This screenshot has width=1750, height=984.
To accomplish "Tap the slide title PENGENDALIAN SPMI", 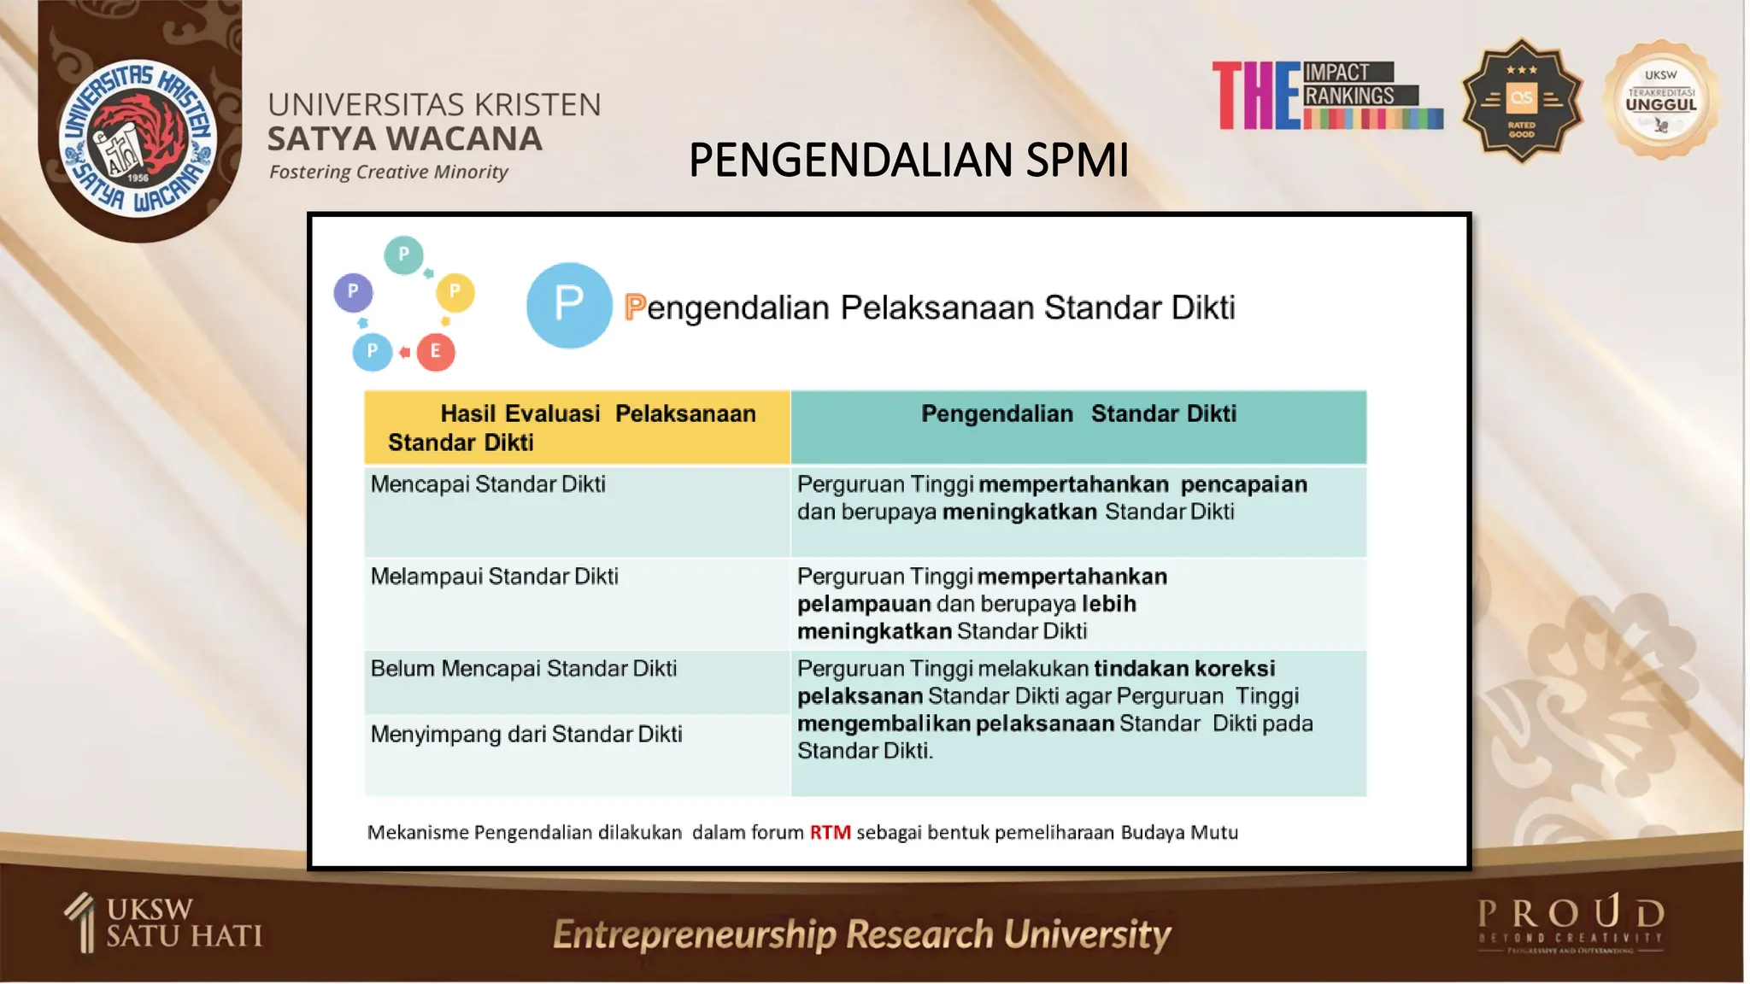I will (908, 160).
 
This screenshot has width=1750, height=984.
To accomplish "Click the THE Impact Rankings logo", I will (1328, 96).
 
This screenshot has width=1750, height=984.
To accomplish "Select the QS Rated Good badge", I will (1521, 101).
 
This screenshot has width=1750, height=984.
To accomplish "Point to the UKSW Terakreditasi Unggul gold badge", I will (1660, 101).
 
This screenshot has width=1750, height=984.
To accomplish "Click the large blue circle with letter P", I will (569, 305).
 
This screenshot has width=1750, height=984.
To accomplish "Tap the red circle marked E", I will (436, 351).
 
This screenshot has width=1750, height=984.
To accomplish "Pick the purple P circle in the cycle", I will (353, 292).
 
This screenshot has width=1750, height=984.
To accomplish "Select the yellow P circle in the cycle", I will (455, 292).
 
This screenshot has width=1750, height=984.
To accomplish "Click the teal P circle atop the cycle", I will (403, 255).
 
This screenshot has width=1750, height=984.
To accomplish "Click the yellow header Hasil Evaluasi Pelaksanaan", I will (577, 427).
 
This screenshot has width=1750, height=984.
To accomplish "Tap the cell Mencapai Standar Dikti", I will (488, 484).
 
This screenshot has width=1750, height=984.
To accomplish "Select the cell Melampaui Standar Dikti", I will (494, 577).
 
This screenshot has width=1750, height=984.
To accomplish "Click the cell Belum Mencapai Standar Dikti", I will (523, 669).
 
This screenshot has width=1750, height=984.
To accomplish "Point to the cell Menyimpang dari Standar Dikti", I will (526, 735).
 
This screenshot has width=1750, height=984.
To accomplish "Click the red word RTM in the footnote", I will (830, 832).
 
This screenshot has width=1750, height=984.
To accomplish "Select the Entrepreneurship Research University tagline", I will (861, 934).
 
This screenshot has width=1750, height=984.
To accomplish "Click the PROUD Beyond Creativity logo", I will (1571, 922).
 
